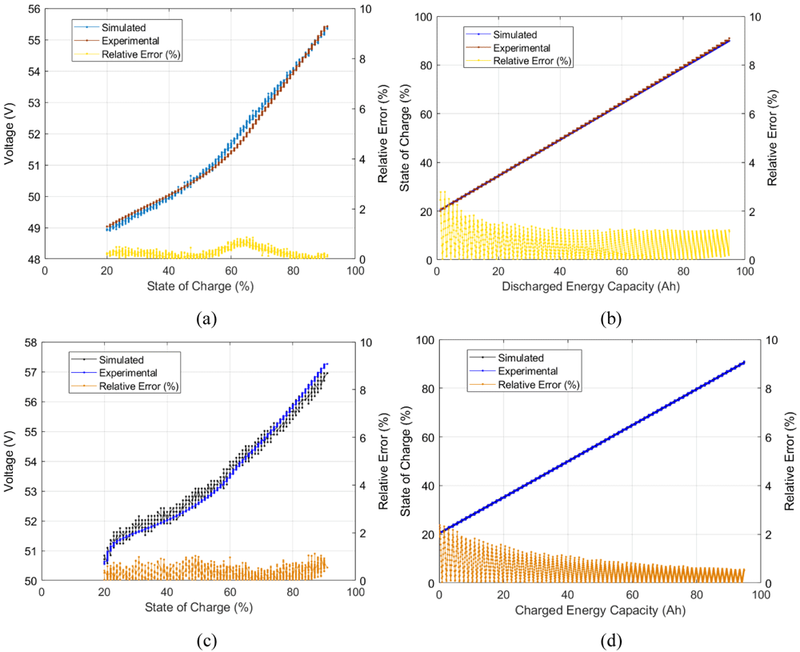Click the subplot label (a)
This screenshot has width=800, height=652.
tap(206, 319)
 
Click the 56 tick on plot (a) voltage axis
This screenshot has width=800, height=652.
tap(35, 9)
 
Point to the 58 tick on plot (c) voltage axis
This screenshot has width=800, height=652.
tap(32, 342)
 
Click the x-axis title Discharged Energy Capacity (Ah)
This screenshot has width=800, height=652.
tap(590, 286)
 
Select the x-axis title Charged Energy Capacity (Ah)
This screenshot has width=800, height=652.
tap(600, 610)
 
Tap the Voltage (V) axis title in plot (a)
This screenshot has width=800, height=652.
tap(9, 134)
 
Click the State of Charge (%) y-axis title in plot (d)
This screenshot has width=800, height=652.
tap(406, 462)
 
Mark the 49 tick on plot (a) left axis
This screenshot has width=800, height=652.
tap(35, 228)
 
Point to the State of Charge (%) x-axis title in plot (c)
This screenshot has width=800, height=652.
tap(198, 607)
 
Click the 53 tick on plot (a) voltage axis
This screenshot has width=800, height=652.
tap(35, 102)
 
